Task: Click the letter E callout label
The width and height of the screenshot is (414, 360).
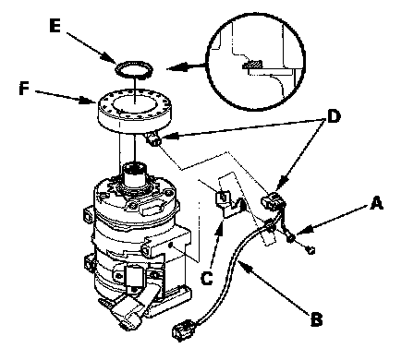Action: coord(55,26)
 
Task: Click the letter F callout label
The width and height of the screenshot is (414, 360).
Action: coord(24,89)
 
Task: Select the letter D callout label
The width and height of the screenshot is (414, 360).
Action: coord(334,117)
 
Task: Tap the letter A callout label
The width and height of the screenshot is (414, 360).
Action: coord(376,204)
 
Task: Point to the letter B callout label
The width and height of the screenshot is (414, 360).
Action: coord(316,319)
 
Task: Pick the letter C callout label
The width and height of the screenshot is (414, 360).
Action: coord(207,279)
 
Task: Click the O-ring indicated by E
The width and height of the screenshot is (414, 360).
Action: coord(134,70)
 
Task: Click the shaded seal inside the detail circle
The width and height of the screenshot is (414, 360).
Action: coord(252,65)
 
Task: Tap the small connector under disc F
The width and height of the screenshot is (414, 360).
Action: coord(153,139)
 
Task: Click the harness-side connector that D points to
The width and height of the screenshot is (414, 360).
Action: coord(273,201)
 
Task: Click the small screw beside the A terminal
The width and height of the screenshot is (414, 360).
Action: coord(310,250)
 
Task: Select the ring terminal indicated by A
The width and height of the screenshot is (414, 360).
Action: coord(290,237)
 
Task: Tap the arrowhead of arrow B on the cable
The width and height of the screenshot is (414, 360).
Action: coord(244,265)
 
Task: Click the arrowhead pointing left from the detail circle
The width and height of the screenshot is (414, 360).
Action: coord(175,67)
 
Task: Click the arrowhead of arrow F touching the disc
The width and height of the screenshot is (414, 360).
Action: coord(88,100)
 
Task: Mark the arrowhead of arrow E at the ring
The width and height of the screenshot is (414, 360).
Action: coord(108,57)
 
